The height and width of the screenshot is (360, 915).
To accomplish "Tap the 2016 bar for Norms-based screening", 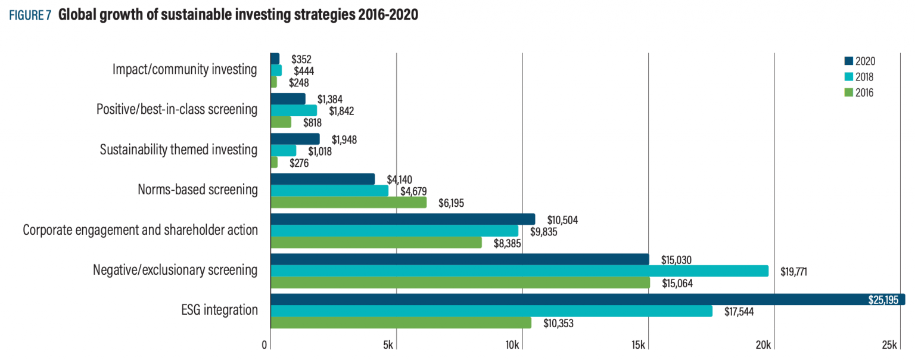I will click(x=348, y=203).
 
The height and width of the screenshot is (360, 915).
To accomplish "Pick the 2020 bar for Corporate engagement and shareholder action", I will click(x=403, y=219).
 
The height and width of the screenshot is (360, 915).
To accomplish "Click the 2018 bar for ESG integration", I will click(x=491, y=311).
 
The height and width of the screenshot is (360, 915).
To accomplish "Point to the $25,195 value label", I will click(x=883, y=300).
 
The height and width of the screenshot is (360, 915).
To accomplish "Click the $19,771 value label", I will click(x=793, y=272).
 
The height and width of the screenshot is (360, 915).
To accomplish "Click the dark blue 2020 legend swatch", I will click(x=848, y=61).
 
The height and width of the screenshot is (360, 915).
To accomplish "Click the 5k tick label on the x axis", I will click(x=388, y=346).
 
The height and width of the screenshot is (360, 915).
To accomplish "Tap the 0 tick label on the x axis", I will click(x=264, y=346).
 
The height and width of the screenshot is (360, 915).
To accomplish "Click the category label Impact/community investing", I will click(x=185, y=70).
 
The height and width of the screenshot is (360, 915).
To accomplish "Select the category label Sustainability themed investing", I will click(x=179, y=150).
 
